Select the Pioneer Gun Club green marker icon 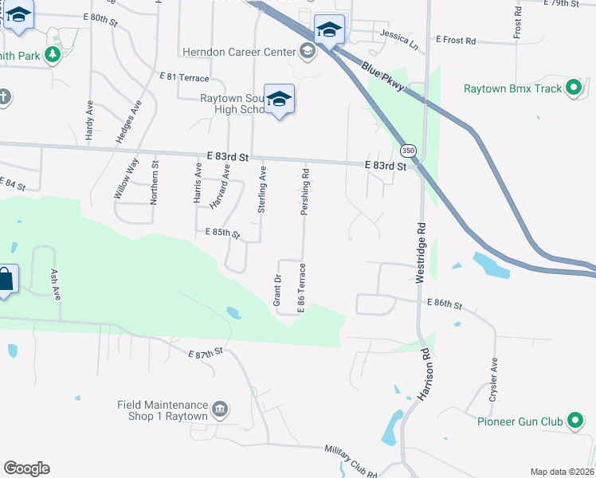coord(574,421)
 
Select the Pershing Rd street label coord(305,192)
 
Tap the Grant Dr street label coord(278,290)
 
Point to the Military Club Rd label coord(351,461)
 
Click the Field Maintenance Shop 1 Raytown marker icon coord(221,410)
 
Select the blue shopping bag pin coord(5,280)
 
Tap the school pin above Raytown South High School coord(279,99)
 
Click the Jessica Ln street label coord(399,37)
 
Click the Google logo coord(26,468)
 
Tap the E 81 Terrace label coord(183,77)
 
